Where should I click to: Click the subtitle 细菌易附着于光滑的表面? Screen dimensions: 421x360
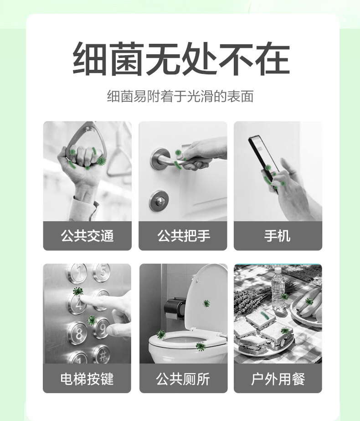(180, 97)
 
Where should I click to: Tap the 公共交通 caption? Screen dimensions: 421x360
(87, 236)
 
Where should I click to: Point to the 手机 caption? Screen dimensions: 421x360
(278, 236)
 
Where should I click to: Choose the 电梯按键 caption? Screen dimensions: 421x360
(87, 379)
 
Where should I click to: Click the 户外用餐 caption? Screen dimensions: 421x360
(278, 379)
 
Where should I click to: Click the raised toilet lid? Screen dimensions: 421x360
(210, 296)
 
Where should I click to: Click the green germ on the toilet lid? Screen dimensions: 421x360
(206, 303)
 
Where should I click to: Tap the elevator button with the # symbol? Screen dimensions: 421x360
(101, 353)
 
